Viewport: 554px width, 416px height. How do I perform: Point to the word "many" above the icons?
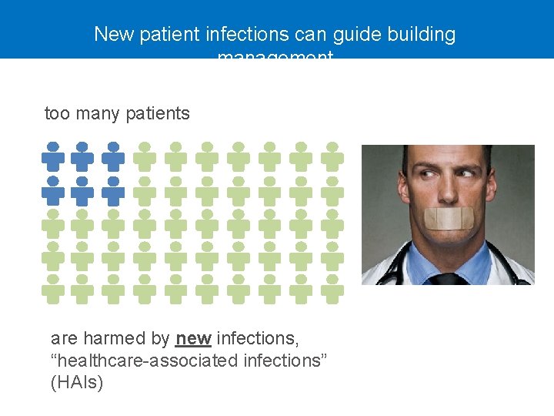(x=97, y=114)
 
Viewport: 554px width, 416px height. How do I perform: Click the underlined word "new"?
(x=193, y=338)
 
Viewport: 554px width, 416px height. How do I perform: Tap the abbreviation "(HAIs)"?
(x=77, y=382)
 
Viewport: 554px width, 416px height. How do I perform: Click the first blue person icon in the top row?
(x=52, y=157)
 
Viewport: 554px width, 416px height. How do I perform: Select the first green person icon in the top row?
(x=144, y=157)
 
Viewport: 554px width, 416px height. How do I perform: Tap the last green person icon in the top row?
(x=332, y=157)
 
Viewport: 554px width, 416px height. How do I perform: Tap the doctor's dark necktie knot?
(x=447, y=278)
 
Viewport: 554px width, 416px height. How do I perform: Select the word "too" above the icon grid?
(x=57, y=114)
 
